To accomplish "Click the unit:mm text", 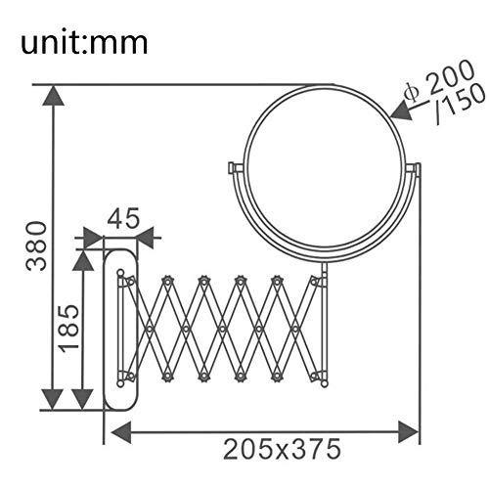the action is [84, 43].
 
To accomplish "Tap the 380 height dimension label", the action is [36, 246].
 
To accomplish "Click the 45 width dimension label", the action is [123, 218].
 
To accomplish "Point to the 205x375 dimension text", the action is [283, 449].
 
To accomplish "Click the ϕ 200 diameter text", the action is [438, 81].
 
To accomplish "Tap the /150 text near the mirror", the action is [460, 104].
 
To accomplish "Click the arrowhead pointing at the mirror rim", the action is [401, 111].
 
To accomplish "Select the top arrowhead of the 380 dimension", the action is [53, 96].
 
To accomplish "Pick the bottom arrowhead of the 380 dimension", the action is [53, 399].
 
